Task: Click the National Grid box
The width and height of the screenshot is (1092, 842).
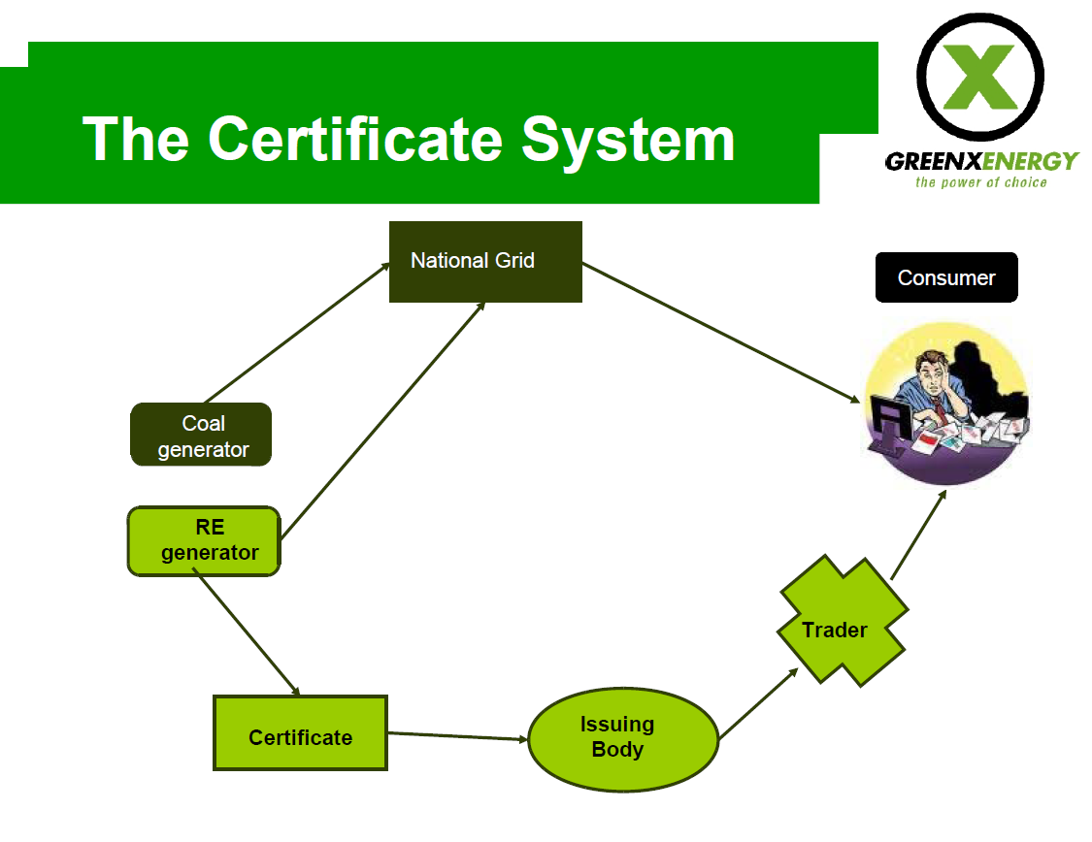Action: (485, 262)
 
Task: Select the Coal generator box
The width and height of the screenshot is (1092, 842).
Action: (201, 435)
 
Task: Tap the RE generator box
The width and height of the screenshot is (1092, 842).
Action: (204, 541)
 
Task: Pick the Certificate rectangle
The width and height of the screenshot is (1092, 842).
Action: (300, 732)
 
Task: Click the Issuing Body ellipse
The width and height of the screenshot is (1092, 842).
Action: (623, 740)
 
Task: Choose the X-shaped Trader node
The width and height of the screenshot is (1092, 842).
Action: (843, 621)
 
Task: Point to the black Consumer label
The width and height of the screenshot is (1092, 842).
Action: (946, 277)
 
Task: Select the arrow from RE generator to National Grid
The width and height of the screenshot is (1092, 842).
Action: (382, 420)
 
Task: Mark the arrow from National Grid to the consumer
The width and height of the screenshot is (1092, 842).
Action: (721, 333)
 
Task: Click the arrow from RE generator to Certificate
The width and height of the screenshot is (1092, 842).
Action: (247, 631)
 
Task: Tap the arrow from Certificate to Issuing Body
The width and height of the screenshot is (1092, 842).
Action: (457, 735)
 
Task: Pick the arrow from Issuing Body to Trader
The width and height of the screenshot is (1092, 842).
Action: (758, 703)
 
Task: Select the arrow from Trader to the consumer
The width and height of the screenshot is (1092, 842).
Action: (918, 534)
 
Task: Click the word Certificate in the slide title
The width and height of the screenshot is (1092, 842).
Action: (355, 139)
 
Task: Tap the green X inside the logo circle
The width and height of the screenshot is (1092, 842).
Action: (980, 78)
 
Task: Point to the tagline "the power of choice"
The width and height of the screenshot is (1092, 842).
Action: (980, 182)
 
